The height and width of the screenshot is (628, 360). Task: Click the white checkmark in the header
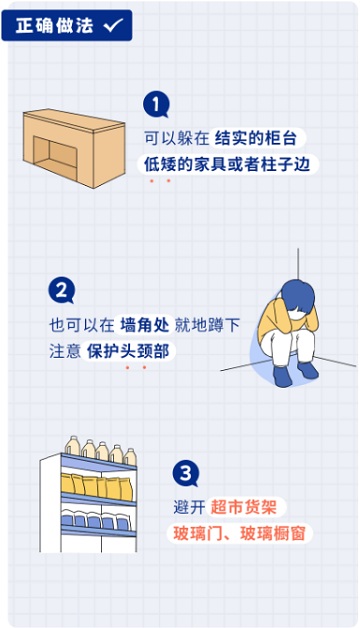(x=114, y=25)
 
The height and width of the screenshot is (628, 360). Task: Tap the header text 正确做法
(x=54, y=25)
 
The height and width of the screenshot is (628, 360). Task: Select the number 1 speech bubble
(x=156, y=105)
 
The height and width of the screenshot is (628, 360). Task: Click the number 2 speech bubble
(x=61, y=290)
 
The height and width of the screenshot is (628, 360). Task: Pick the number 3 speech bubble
(x=185, y=474)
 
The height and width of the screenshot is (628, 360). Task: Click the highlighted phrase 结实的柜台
(x=256, y=139)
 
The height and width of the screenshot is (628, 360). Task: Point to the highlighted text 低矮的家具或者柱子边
(x=227, y=164)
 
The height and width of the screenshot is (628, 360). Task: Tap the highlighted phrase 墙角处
(x=145, y=325)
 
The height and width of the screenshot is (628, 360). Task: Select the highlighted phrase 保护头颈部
(x=128, y=351)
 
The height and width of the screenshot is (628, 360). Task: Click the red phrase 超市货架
(x=243, y=507)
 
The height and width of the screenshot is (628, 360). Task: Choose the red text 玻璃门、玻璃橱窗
(x=239, y=533)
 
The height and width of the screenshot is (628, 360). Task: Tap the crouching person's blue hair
(x=297, y=295)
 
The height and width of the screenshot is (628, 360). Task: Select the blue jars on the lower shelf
(x=95, y=519)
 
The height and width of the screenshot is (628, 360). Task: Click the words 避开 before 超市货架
(x=189, y=507)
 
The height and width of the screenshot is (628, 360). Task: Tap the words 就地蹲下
(x=207, y=325)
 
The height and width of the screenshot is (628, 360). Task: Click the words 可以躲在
(x=177, y=139)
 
